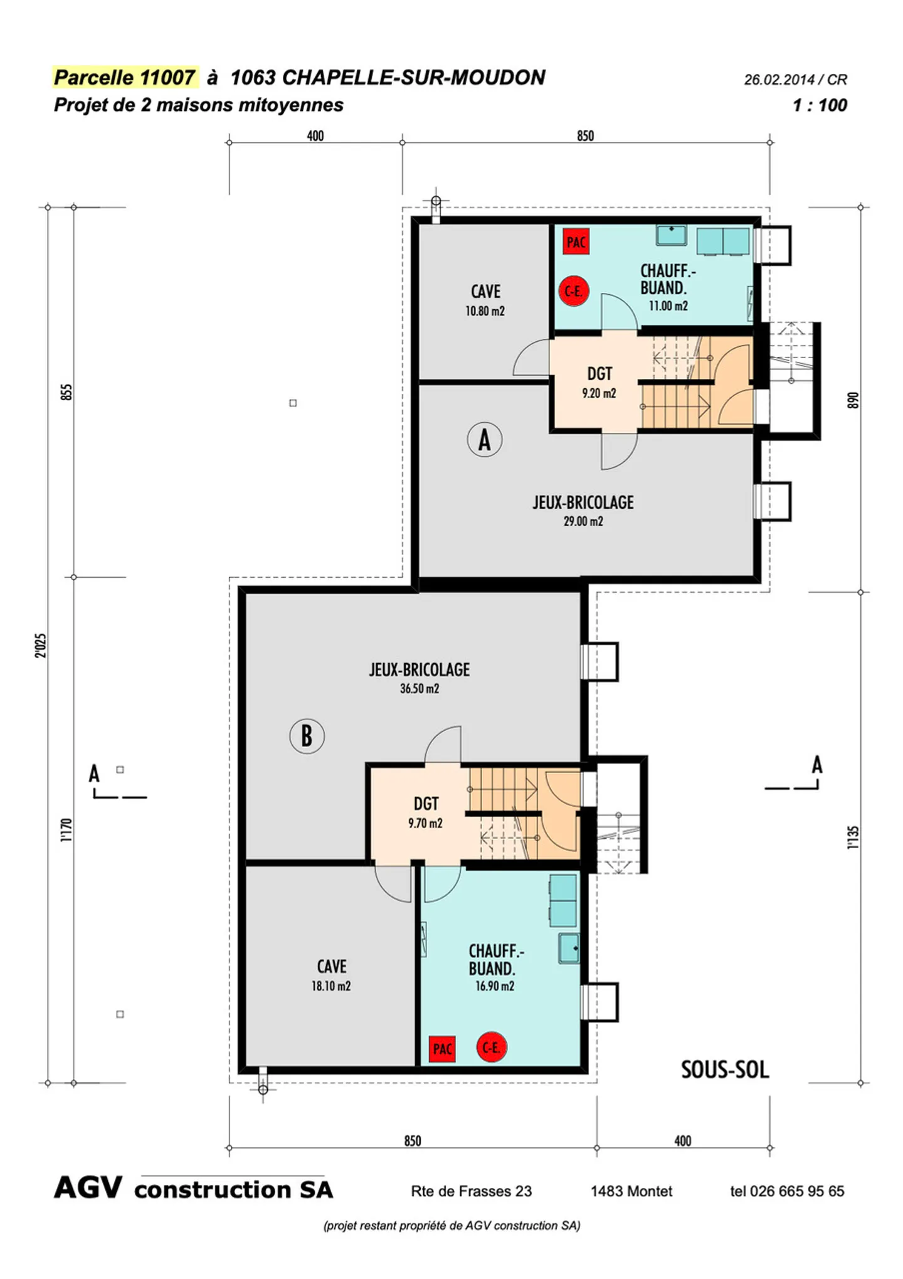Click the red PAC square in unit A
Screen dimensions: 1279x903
(x=576, y=241)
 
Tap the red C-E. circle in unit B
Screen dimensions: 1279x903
(x=491, y=1047)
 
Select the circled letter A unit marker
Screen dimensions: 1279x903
(x=484, y=439)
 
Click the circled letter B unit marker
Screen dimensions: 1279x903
(x=307, y=736)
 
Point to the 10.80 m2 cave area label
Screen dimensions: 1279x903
(x=485, y=311)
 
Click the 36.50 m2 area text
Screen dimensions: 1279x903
(x=420, y=689)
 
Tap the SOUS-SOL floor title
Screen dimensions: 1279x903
(x=725, y=1069)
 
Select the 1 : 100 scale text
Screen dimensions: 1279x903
(x=820, y=105)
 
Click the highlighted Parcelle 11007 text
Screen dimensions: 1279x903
(x=125, y=77)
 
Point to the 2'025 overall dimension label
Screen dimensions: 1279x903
(x=41, y=645)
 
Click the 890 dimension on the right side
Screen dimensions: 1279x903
(x=852, y=400)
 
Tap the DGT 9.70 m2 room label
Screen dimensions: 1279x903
(x=426, y=813)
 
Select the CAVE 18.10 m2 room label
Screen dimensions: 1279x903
(x=331, y=975)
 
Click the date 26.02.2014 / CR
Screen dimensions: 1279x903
(x=795, y=80)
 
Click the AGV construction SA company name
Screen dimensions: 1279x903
(x=193, y=1189)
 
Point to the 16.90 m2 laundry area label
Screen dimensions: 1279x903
(x=494, y=986)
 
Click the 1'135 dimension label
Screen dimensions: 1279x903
(x=853, y=837)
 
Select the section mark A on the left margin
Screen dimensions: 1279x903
(x=94, y=773)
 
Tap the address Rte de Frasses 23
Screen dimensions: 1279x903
(x=471, y=1191)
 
